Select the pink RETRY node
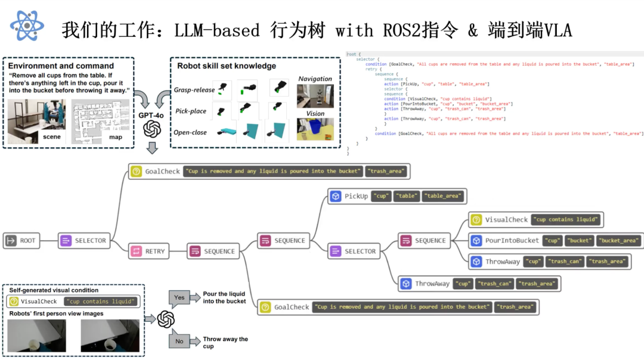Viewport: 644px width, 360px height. pos(148,252)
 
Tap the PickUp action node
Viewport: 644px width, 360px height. pos(349,195)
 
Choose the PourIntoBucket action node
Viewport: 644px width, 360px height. pos(504,241)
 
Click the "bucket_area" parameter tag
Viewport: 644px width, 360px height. pos(618,241)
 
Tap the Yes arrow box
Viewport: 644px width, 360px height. pos(179,297)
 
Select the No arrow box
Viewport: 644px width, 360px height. pos(179,342)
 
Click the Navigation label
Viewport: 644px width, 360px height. pos(315,79)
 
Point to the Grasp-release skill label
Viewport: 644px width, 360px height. pos(194,90)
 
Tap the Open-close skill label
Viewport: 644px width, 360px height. pos(191,132)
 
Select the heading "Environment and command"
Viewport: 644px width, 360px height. pos(61,66)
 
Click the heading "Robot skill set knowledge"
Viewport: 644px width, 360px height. pos(226,66)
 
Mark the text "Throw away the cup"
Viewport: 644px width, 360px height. pos(225,343)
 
